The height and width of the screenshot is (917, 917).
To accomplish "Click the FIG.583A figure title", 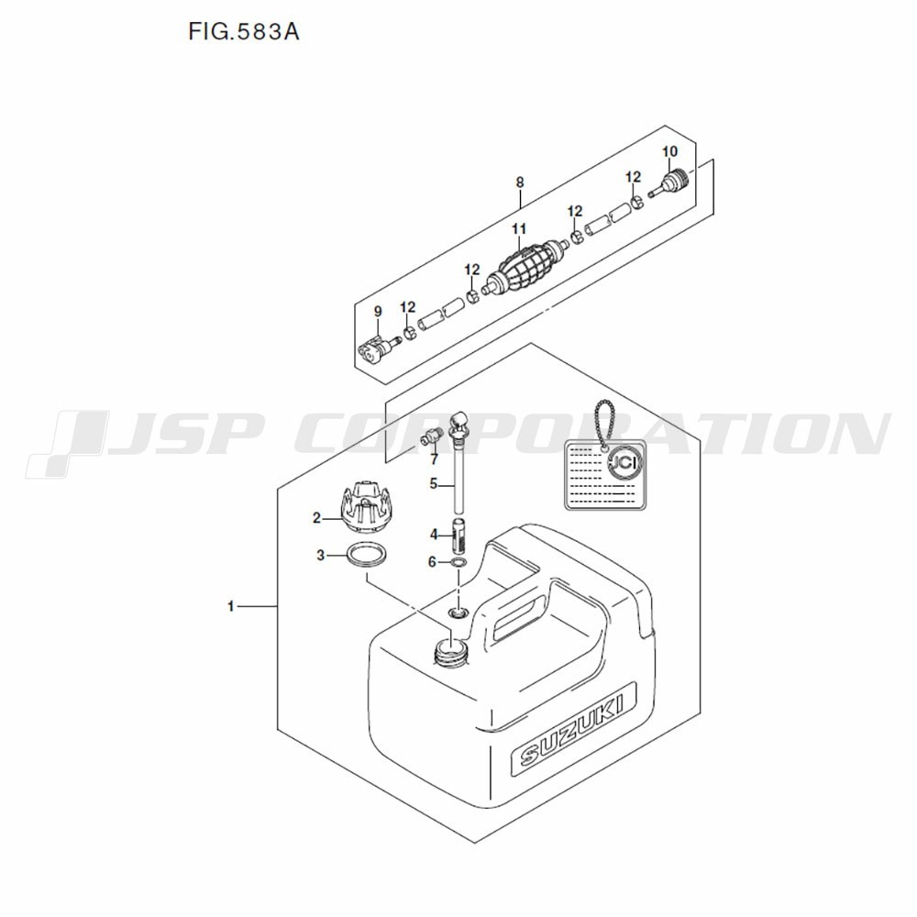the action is tap(243, 31).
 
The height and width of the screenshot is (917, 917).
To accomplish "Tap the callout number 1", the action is tap(231, 606).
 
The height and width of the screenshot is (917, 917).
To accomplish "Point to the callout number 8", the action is tap(520, 182).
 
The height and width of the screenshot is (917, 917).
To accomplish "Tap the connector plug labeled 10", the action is tap(671, 182).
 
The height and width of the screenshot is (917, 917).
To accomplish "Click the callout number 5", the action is tap(434, 484).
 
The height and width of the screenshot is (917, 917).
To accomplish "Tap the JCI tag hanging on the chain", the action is tap(605, 475).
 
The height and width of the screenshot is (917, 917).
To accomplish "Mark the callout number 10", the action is tap(669, 151).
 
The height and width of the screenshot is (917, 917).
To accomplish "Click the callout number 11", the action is tap(519, 228).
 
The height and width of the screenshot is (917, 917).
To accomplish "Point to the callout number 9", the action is tap(378, 312).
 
